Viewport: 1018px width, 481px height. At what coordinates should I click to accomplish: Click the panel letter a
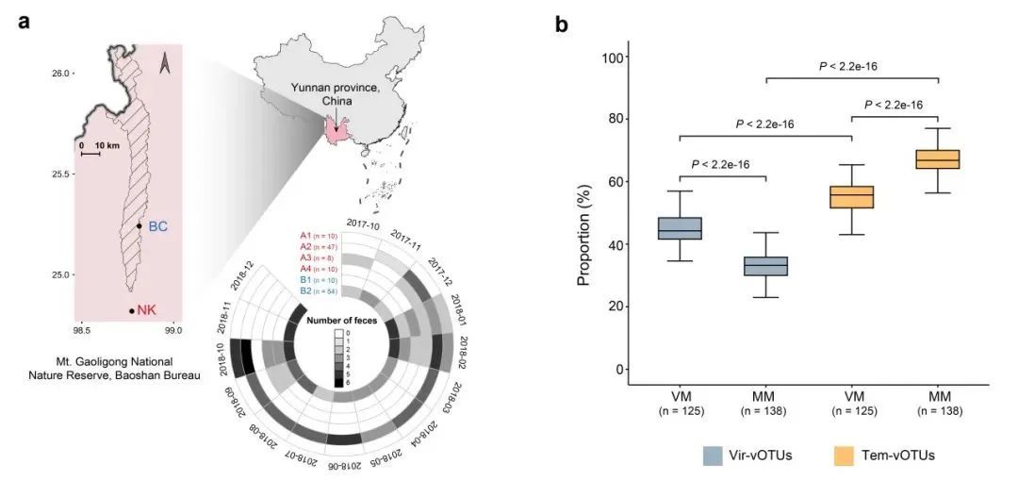[25, 22]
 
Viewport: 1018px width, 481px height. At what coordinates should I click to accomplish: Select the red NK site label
[147, 309]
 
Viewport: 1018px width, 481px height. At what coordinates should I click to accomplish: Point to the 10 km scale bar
[91, 152]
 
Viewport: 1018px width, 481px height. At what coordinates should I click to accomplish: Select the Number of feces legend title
[340, 321]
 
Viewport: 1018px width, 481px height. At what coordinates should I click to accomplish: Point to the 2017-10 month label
[364, 223]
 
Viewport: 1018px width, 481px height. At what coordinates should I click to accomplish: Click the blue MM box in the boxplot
[766, 266]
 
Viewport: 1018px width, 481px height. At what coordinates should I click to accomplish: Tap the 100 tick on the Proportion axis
[615, 58]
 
